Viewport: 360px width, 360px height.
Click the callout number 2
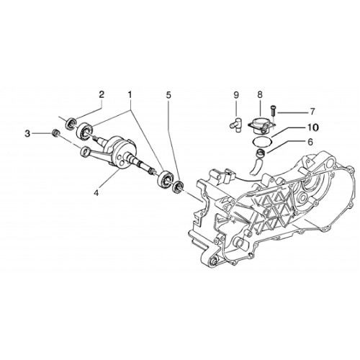click(102, 94)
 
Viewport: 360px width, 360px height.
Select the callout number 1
click(130, 94)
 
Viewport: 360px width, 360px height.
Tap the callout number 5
click(168, 95)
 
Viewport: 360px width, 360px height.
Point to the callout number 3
click(27, 133)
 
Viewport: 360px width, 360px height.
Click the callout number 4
click(96, 193)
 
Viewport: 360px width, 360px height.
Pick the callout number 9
click(236, 95)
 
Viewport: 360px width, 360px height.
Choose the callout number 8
click(260, 94)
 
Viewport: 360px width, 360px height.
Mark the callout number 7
click(312, 112)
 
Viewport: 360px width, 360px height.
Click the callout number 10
click(313, 127)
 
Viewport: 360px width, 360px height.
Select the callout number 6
click(310, 142)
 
